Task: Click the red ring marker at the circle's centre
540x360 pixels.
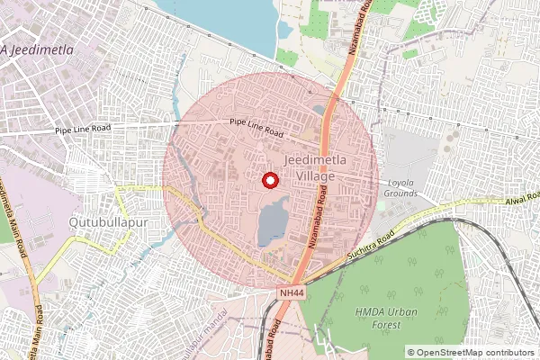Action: tap(269, 181)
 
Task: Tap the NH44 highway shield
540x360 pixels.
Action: tap(292, 292)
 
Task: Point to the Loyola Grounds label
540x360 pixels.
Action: tap(400, 188)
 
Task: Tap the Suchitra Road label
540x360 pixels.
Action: tap(370, 247)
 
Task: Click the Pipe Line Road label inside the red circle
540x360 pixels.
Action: tap(256, 128)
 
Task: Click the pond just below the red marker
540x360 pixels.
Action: tap(270, 221)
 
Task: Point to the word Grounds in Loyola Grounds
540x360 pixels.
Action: tap(400, 193)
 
